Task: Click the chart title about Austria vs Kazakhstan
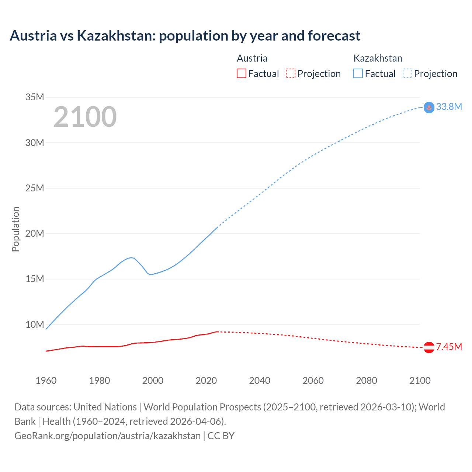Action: point(185,36)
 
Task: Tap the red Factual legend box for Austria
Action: point(241,73)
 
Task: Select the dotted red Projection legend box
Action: point(291,73)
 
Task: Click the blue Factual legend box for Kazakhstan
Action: point(358,73)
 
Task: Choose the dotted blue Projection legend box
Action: point(407,73)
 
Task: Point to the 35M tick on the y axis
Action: point(35,97)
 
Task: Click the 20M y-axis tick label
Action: point(35,233)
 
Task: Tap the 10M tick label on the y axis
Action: point(35,324)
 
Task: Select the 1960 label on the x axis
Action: point(46,381)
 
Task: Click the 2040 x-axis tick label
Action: point(260,381)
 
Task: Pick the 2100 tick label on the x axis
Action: point(420,381)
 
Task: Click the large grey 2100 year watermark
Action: point(85,117)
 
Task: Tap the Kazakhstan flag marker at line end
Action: point(429,107)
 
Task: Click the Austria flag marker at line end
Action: point(429,347)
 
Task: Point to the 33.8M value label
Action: point(449,107)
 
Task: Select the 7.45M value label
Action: point(449,347)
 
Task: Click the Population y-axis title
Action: point(15,229)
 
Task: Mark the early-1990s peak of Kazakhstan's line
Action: point(131,257)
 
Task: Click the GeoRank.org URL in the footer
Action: point(107,436)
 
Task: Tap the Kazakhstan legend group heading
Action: point(378,58)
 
